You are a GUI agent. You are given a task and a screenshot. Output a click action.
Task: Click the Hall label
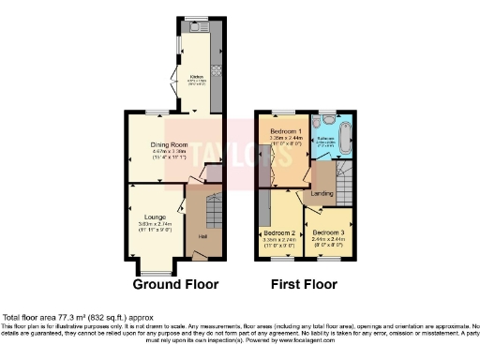click(202, 236)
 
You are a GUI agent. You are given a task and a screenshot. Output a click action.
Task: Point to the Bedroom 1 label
click(285, 130)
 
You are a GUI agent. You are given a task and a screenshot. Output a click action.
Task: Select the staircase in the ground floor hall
click(211, 211)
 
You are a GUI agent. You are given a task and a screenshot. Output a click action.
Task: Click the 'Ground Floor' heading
click(175, 284)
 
